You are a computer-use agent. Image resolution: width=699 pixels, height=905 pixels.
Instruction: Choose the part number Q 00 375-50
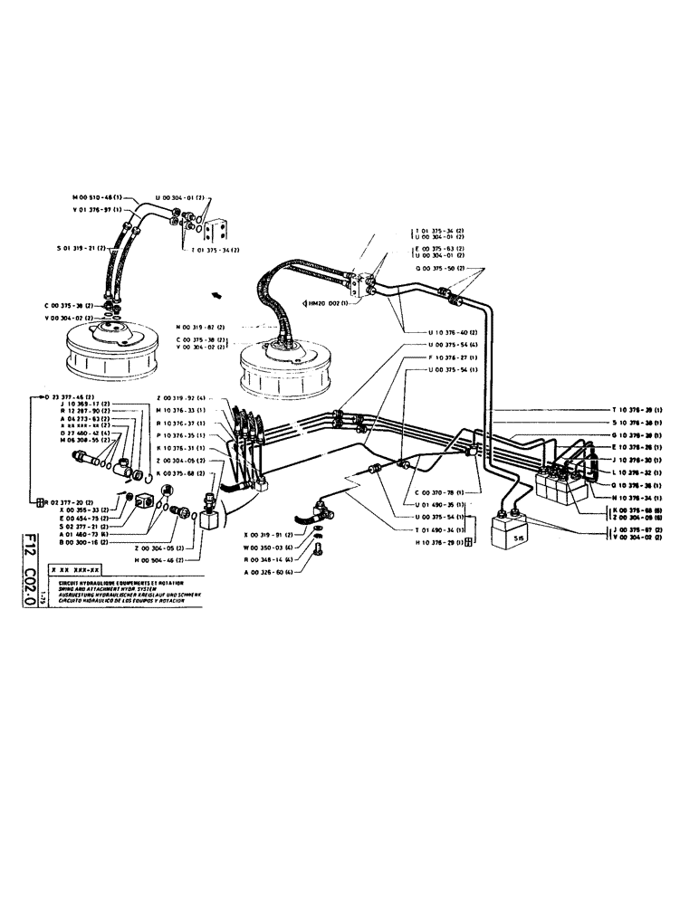[439, 269]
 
